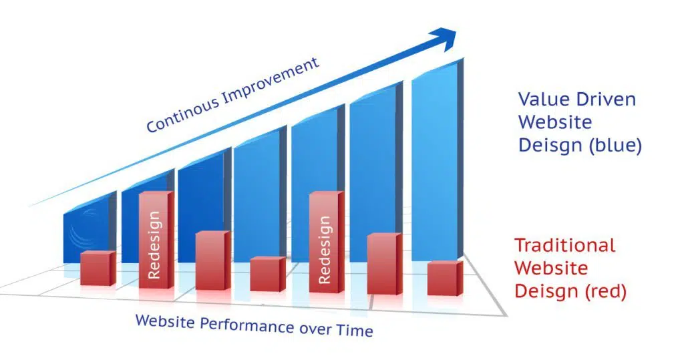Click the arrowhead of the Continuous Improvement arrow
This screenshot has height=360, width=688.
point(444,39)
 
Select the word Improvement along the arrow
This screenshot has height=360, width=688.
point(271,81)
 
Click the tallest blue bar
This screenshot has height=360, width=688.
point(438,160)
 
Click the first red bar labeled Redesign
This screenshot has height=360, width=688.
point(156,240)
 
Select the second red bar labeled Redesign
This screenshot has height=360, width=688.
point(326,242)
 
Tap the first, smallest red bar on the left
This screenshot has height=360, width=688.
point(98,268)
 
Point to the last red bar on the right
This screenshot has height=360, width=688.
point(445,279)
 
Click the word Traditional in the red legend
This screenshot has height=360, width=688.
point(565,245)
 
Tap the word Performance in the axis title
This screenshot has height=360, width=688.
point(247,325)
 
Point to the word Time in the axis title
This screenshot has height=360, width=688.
point(355,331)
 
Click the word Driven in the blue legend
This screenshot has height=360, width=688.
point(607,100)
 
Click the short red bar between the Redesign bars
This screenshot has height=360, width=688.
point(268,274)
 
